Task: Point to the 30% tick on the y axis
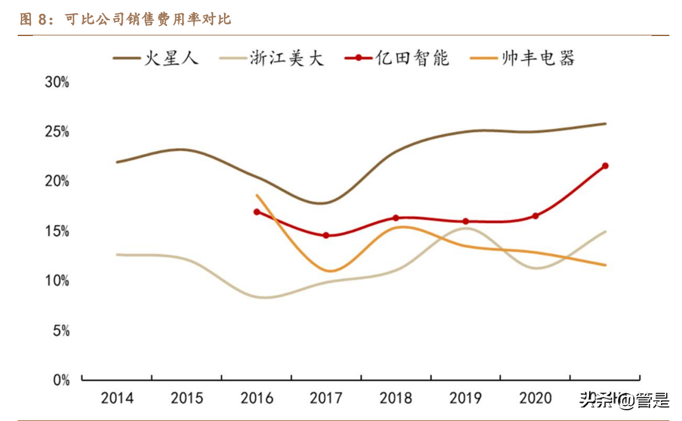coord(56,83)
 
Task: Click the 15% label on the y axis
coord(56,231)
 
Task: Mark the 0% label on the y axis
coord(60,380)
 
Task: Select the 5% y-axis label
coord(60,331)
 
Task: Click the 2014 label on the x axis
coord(117,398)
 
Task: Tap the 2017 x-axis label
coord(326,398)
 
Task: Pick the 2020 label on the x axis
coord(535,398)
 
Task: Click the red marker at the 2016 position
coord(257,212)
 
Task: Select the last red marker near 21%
coord(605,166)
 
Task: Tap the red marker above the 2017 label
coord(326,235)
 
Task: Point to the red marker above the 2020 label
coord(535,216)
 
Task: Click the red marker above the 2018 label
coord(396,217)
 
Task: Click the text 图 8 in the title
coord(34,20)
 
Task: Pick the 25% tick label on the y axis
coord(56,132)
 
